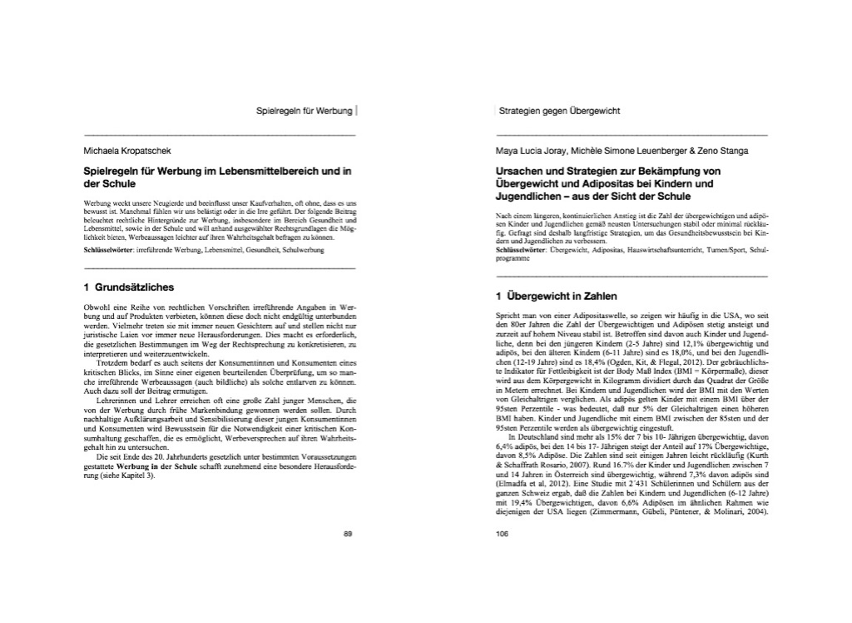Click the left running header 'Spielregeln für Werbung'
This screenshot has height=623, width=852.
click(305, 110)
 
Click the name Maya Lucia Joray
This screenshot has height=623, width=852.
click(529, 151)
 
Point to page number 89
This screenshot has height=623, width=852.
click(349, 534)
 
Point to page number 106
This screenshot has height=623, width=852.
click(501, 534)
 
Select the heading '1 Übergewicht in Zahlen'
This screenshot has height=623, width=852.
click(556, 296)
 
